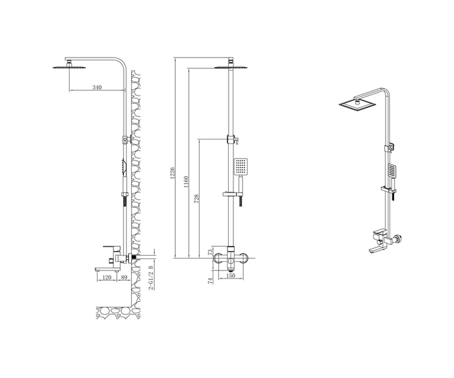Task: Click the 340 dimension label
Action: point(97,87)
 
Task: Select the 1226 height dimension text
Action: point(173,173)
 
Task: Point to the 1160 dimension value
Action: point(186,182)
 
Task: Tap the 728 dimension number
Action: point(196,198)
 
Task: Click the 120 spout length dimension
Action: point(107,277)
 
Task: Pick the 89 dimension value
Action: point(124,277)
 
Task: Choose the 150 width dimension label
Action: point(231,276)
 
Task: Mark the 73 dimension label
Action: point(210,252)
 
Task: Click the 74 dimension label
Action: point(210,281)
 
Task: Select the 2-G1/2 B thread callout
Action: point(151,277)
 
